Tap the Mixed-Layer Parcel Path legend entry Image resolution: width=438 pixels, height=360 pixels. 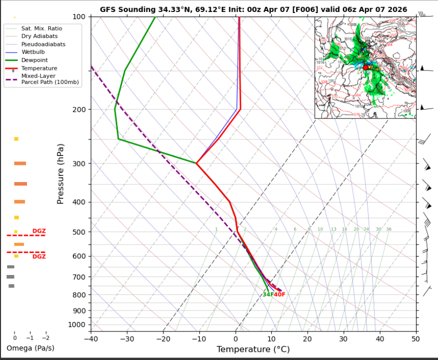(x=42, y=79)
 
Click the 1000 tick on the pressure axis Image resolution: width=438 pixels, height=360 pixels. (x=76, y=325)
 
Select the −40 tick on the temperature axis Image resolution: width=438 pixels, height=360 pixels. (x=90, y=338)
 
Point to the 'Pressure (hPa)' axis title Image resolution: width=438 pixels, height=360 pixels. (x=60, y=173)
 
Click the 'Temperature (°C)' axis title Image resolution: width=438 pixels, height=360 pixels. (x=253, y=349)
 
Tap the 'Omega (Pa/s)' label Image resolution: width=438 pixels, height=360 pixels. (x=30, y=348)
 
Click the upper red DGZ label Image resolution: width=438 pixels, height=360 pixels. (x=39, y=231)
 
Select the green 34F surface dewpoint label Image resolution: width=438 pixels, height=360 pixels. (x=268, y=294)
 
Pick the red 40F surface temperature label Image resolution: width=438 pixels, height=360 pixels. (x=279, y=294)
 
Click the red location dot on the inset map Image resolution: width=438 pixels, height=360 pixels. (x=366, y=67)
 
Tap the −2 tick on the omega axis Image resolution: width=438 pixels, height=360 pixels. (x=46, y=337)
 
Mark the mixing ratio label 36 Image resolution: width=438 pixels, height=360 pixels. (x=389, y=229)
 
